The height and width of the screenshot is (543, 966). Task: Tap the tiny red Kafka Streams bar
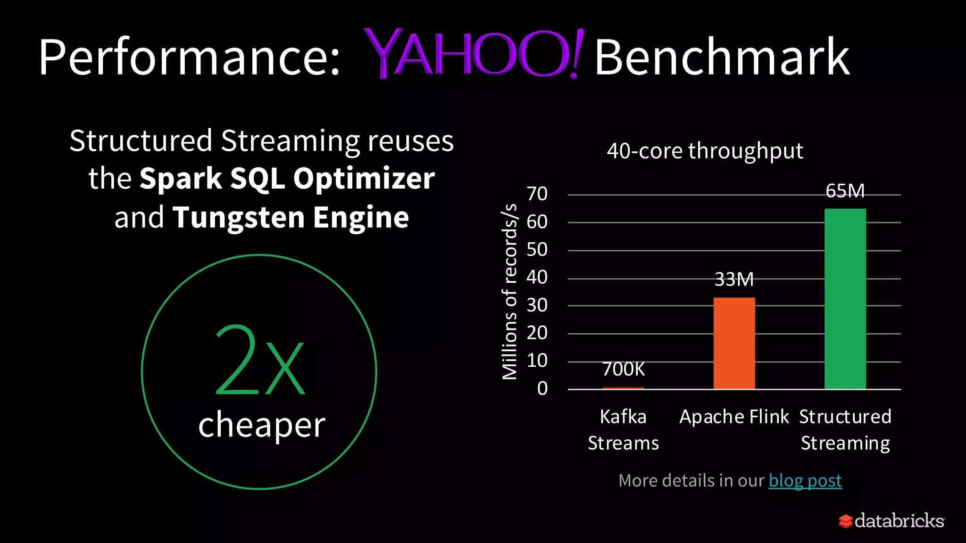(623, 388)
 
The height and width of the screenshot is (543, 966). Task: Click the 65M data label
(845, 191)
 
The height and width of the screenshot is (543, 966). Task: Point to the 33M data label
(734, 280)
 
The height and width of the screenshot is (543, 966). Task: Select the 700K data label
(623, 369)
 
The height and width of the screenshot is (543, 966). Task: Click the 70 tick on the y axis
(537, 194)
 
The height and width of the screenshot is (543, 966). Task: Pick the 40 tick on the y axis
(537, 277)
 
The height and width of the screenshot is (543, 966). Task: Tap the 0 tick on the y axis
(542, 388)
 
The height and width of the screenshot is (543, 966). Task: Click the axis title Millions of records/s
(509, 292)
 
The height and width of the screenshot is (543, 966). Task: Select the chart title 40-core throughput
(705, 151)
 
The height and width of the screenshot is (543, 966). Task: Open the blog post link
(805, 480)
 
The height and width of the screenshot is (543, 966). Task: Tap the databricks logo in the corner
(891, 521)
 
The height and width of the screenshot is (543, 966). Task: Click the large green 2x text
(259, 361)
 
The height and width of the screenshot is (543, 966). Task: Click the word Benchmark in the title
(722, 57)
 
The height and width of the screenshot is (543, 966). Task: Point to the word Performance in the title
(189, 58)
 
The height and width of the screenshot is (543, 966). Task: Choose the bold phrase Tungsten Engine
(291, 217)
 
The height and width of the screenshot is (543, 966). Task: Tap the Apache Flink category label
(734, 417)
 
